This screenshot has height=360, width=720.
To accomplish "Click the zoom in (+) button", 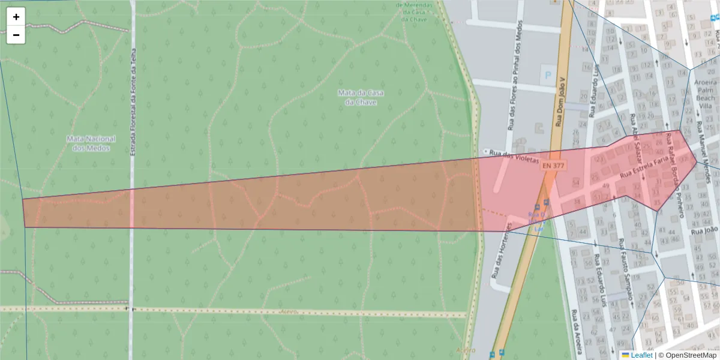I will click(x=16, y=17).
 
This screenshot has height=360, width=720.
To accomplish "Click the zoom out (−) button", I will click(x=16, y=35).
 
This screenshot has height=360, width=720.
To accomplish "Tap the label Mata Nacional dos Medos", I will click(x=91, y=143).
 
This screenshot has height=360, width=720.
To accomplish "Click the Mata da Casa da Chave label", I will click(x=361, y=97).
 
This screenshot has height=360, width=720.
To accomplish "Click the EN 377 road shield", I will click(x=552, y=165).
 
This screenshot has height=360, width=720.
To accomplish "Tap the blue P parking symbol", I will click(x=547, y=76).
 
